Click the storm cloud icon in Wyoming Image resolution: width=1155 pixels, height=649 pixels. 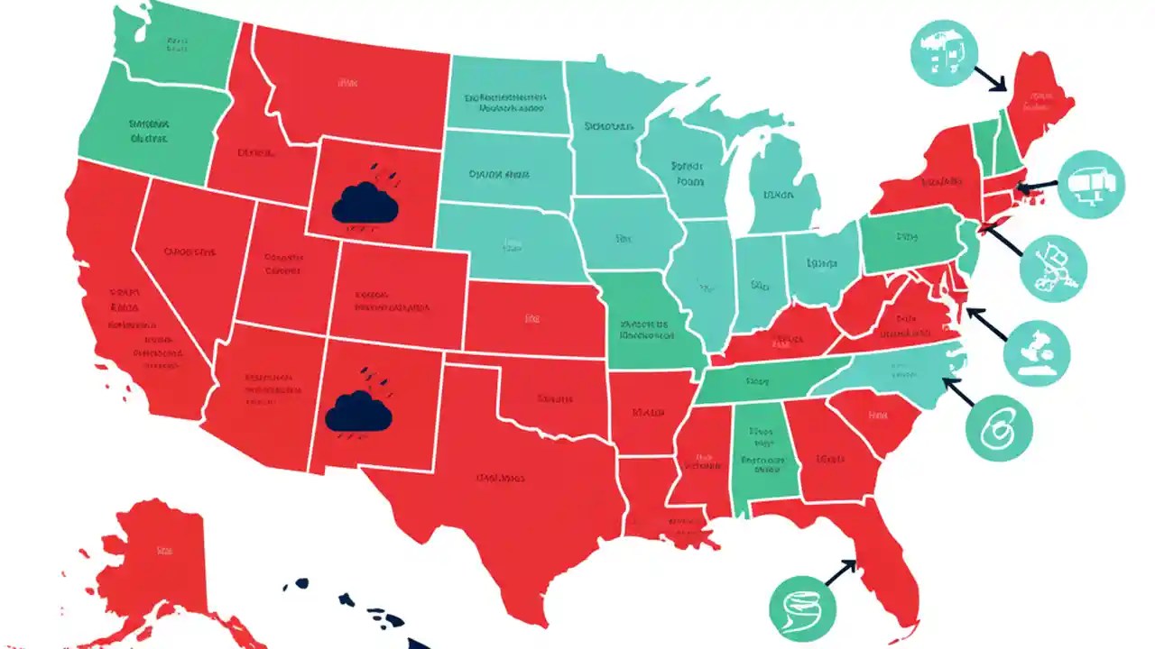[365, 203]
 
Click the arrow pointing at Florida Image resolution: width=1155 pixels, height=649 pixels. [838, 572]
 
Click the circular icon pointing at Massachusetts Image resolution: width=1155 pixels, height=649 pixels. [1092, 185]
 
